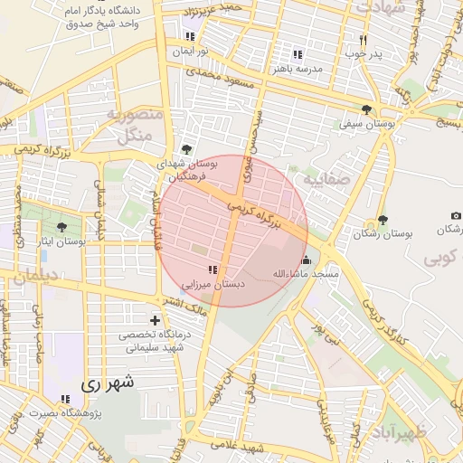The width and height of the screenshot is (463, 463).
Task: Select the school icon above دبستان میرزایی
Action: pos(213,269)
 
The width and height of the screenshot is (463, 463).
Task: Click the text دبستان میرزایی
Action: pos(210,283)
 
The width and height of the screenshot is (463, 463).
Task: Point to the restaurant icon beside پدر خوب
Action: pos(363,40)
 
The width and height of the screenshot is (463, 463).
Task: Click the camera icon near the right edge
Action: pos(455,215)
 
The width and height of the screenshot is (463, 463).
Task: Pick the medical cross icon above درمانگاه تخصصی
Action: pos(156,320)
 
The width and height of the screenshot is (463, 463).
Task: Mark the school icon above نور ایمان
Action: pos(190,36)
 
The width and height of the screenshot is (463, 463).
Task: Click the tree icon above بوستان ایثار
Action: pos(61,228)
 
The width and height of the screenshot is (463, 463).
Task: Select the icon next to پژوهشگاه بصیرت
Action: pos(64,399)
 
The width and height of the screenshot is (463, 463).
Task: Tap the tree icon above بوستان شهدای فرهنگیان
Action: pos(186,149)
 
